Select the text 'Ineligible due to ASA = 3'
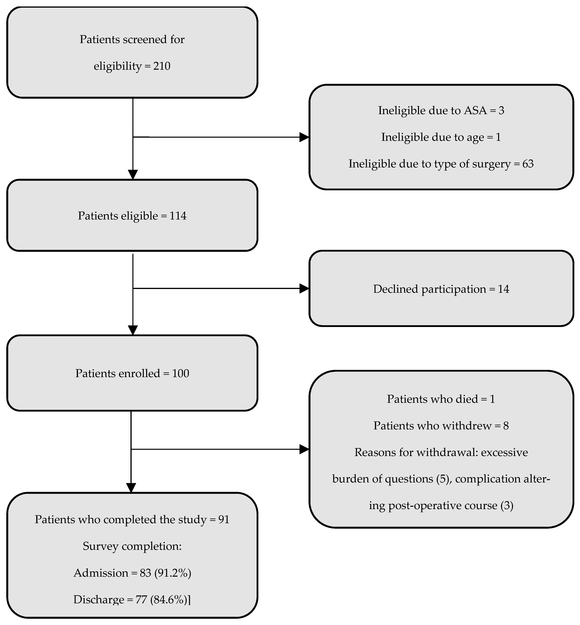coord(441,110)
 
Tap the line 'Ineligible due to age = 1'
coord(441,137)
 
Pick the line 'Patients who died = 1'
coord(441,399)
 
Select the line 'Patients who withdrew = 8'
coord(441,426)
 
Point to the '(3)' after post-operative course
coord(507,505)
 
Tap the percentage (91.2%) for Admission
coord(173,573)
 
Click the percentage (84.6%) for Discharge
coord(169,600)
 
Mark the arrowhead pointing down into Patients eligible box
coord(133,174)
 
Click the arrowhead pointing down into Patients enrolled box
coord(133,330)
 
